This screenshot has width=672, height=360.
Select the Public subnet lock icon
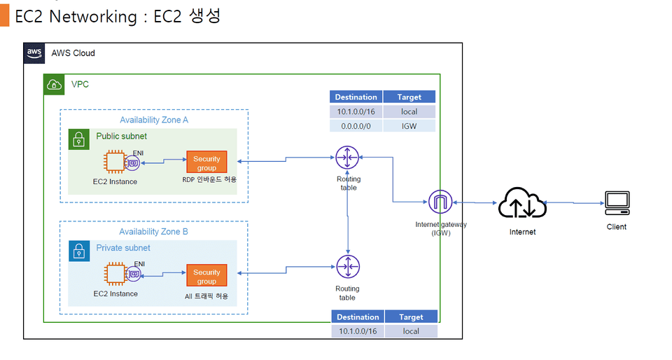[x=79, y=139]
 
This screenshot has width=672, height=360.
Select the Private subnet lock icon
[x=79, y=251]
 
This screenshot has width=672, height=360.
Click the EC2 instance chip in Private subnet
[x=115, y=275]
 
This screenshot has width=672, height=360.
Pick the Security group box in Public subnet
[x=206, y=163]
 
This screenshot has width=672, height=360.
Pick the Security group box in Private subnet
[x=206, y=276]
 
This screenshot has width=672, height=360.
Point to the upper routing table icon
[x=347, y=158]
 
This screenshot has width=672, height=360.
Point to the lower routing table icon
[x=347, y=267]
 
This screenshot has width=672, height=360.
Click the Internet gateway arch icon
[x=440, y=203]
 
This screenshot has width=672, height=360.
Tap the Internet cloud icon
[x=521, y=204]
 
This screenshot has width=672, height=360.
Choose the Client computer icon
[x=617, y=203]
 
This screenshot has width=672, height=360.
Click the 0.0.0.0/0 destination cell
[x=356, y=126]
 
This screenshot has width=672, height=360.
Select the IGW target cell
[x=409, y=126]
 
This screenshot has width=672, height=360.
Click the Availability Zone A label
[x=154, y=120]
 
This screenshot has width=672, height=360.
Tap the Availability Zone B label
[x=153, y=232]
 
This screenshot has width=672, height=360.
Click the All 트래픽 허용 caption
[x=206, y=296]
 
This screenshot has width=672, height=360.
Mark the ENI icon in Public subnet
[x=132, y=164]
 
